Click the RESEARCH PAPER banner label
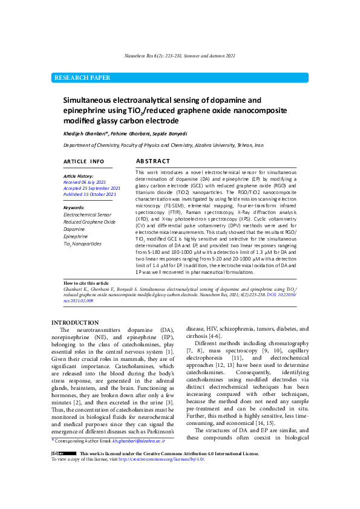coord(82,78)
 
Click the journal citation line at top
coord(180,56)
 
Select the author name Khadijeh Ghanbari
coord(86,133)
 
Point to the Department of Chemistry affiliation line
coord(163,146)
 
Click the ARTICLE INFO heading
coord(84,162)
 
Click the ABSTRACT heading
coord(153,162)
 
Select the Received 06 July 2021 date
coord(85,182)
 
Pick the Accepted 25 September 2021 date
coord(92,189)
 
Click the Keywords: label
coord(74,208)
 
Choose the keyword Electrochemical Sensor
coord(87,215)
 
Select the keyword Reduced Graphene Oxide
coord(90,222)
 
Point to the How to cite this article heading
coord(87,283)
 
